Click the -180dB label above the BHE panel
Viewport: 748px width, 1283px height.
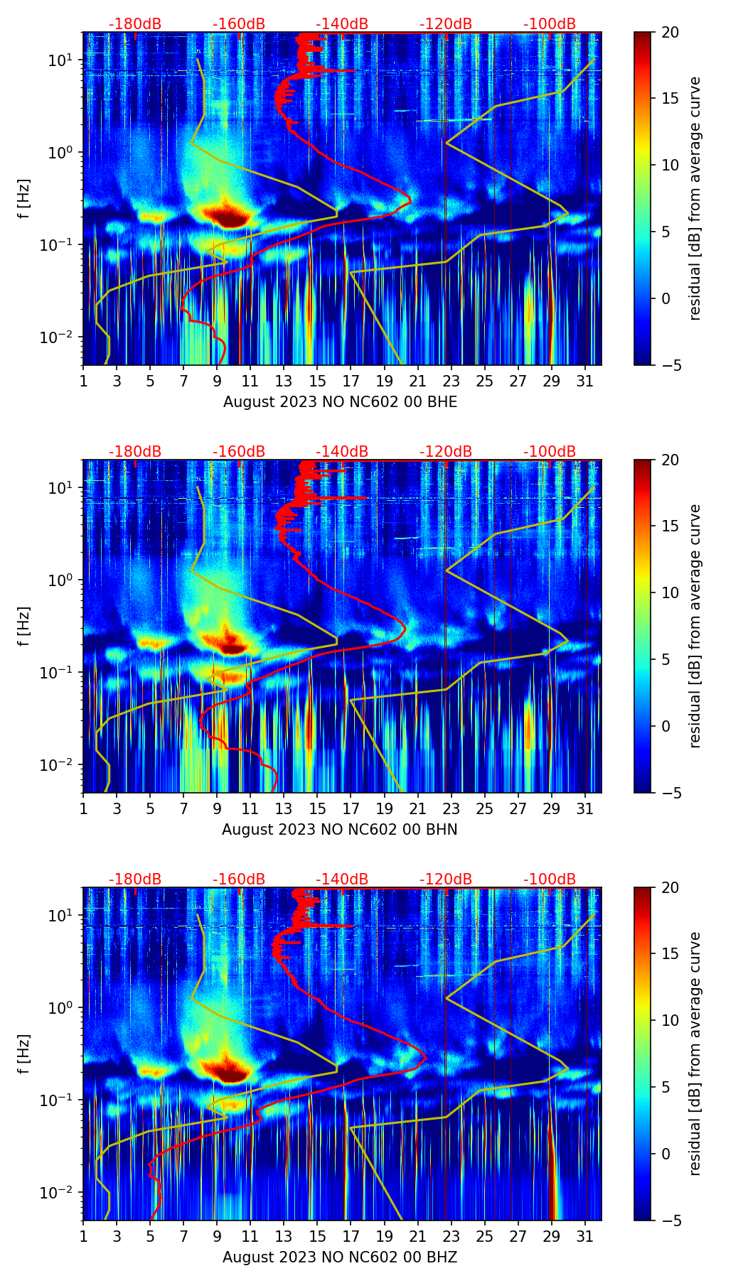point(135,24)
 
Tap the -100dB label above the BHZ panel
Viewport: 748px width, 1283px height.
point(550,879)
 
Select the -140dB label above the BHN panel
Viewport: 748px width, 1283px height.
point(342,452)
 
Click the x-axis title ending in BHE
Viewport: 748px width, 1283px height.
point(340,402)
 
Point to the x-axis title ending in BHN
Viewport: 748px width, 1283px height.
point(340,830)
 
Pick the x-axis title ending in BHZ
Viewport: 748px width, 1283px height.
point(340,1257)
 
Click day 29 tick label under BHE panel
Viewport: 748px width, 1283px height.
point(552,381)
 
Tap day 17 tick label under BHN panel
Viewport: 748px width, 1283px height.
point(351,809)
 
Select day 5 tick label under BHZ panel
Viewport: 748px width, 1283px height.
point(150,1237)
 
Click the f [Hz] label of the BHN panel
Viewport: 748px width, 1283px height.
point(24,627)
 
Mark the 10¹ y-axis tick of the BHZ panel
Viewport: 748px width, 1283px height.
point(60,916)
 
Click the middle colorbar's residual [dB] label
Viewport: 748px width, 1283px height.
point(695,626)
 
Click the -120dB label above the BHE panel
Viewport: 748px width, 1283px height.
point(446,24)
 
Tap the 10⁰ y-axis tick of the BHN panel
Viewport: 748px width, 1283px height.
point(60,580)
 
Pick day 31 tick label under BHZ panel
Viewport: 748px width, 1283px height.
point(585,1237)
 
